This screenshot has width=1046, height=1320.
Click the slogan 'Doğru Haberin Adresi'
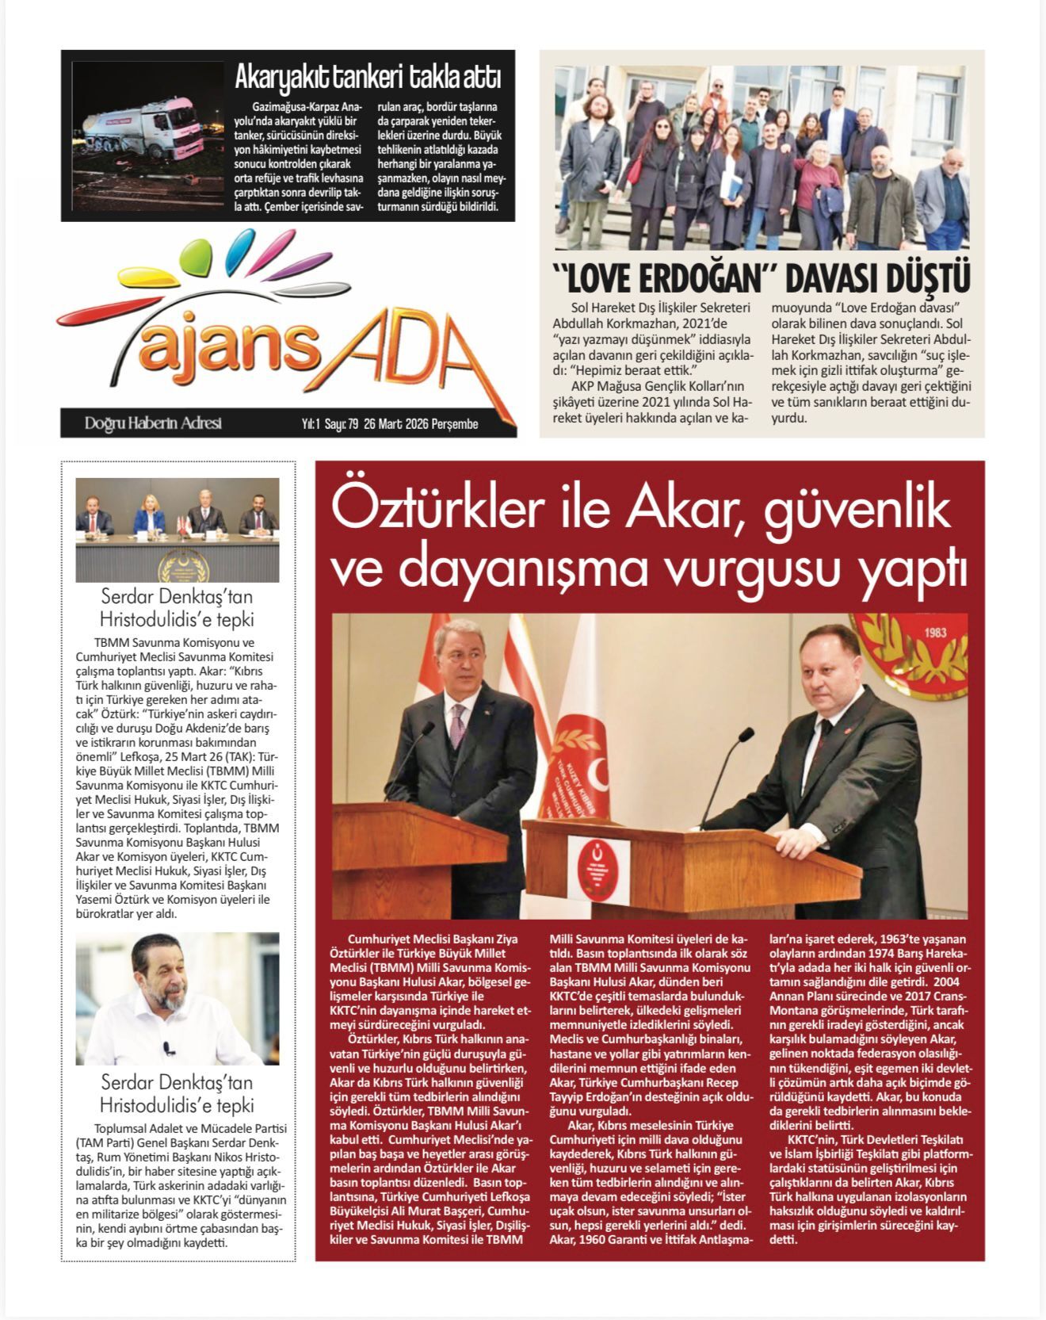coord(153,423)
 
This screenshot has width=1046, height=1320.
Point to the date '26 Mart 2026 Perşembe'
coord(421,424)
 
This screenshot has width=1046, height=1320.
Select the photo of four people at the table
coord(177,530)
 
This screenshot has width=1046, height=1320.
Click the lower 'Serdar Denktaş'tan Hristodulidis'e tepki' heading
coord(177,1093)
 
